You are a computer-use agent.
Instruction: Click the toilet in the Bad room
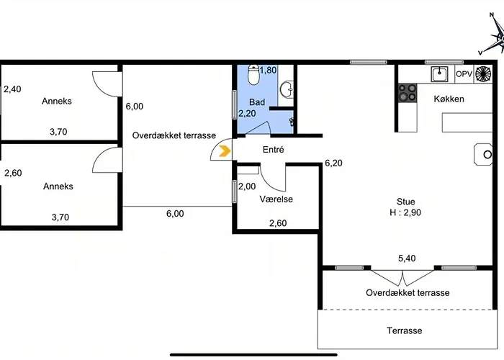253,75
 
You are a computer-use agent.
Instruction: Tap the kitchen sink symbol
439,74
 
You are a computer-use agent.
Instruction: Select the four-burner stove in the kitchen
408,93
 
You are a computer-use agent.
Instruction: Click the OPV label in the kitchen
464,74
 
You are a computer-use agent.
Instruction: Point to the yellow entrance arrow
225,150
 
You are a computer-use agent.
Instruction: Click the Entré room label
273,150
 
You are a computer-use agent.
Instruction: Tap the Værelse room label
276,199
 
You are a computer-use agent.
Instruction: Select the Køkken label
449,99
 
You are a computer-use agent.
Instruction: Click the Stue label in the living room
405,202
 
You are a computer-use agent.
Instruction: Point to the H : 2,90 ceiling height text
405,212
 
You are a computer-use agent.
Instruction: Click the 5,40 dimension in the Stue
407,258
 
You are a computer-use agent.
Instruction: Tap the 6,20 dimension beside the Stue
333,163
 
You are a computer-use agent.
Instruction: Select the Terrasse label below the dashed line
405,330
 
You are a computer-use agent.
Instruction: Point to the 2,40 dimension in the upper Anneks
12,89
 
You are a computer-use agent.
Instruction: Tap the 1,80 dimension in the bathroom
268,70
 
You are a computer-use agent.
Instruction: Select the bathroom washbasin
287,89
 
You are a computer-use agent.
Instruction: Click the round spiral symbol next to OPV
483,73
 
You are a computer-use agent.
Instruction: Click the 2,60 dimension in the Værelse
278,223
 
